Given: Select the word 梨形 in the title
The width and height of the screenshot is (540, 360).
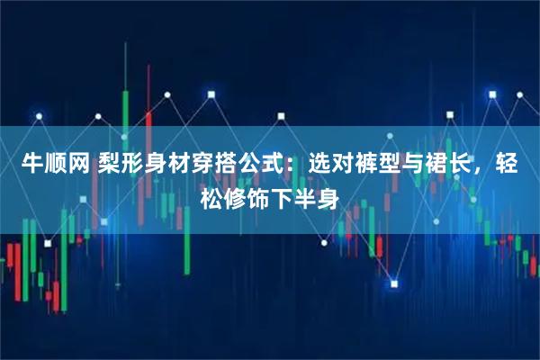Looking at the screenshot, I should coord(122,165).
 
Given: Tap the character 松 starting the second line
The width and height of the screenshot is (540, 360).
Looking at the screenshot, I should coord(210,196).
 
